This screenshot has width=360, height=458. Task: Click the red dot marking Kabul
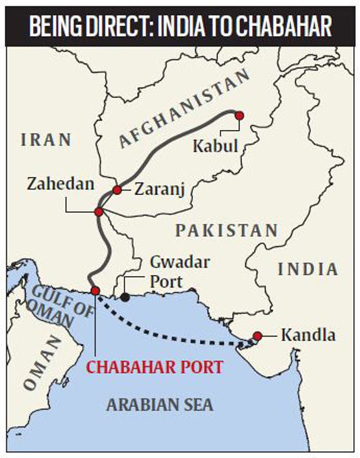coord(238,115)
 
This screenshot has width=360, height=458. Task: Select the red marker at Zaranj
coord(117,190)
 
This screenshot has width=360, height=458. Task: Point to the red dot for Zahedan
coord(99,212)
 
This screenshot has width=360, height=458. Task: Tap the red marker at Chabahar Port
coord(95,291)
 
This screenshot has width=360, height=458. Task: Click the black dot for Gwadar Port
coord(125,297)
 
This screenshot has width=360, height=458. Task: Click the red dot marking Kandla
coord(257,336)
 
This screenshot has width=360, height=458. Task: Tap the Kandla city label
coord(308,335)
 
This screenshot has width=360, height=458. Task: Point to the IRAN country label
coord(46,140)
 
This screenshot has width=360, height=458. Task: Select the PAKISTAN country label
coord(226,230)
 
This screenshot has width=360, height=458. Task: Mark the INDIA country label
coord(308,269)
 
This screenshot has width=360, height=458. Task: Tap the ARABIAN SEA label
coord(160,405)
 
